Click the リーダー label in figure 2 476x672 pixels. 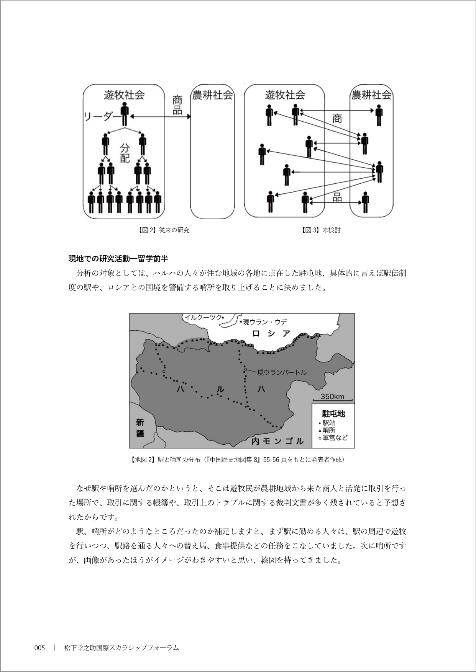101,116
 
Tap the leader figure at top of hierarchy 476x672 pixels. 124,114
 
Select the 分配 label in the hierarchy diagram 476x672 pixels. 125,153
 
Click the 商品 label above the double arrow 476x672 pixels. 177,105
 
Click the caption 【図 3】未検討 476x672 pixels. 321,230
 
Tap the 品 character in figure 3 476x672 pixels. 337,197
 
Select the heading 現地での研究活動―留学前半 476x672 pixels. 118,259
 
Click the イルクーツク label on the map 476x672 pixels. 203,317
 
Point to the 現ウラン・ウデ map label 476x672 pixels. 264,322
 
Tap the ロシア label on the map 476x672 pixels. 271,333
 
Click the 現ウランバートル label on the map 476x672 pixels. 281,372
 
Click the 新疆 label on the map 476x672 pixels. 140,428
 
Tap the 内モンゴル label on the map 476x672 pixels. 277,441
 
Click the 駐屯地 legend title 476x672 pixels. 333,413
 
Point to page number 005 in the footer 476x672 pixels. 39,648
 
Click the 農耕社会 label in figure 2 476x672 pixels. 212,95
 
